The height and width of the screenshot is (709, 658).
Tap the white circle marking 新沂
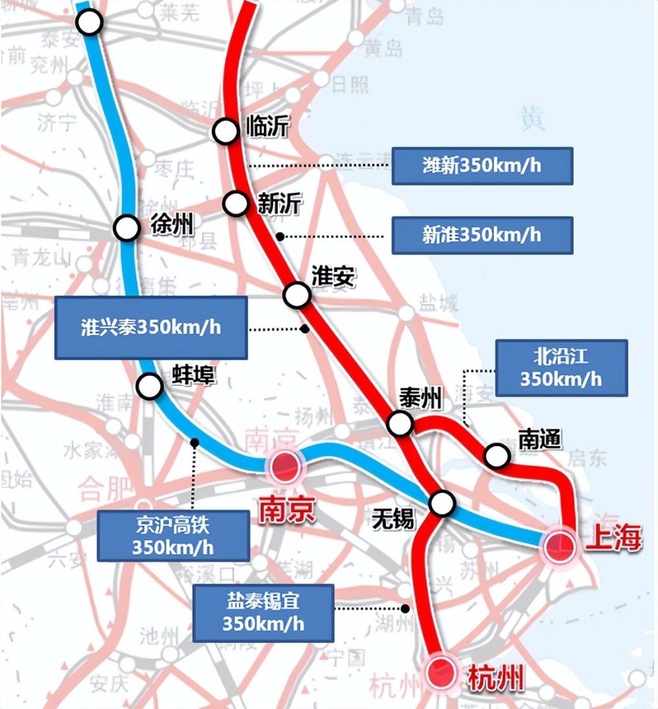pos(236,203)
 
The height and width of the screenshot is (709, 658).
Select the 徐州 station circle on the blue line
pos(126,228)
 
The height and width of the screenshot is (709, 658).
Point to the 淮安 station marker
pos(297,295)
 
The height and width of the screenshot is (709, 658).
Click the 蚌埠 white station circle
pos(149,386)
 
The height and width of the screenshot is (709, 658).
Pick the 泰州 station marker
pos(400,423)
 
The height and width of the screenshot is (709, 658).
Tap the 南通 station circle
pos(497,454)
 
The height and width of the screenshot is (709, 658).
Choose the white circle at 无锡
pos(442,504)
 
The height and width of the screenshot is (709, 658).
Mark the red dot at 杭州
pos(440,672)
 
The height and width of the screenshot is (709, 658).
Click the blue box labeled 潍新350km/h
pos(482,166)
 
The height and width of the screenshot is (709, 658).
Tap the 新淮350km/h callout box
pos(482,235)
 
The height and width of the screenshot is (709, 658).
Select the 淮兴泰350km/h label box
pos(151,328)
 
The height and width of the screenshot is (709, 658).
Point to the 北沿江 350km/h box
pos(561,368)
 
